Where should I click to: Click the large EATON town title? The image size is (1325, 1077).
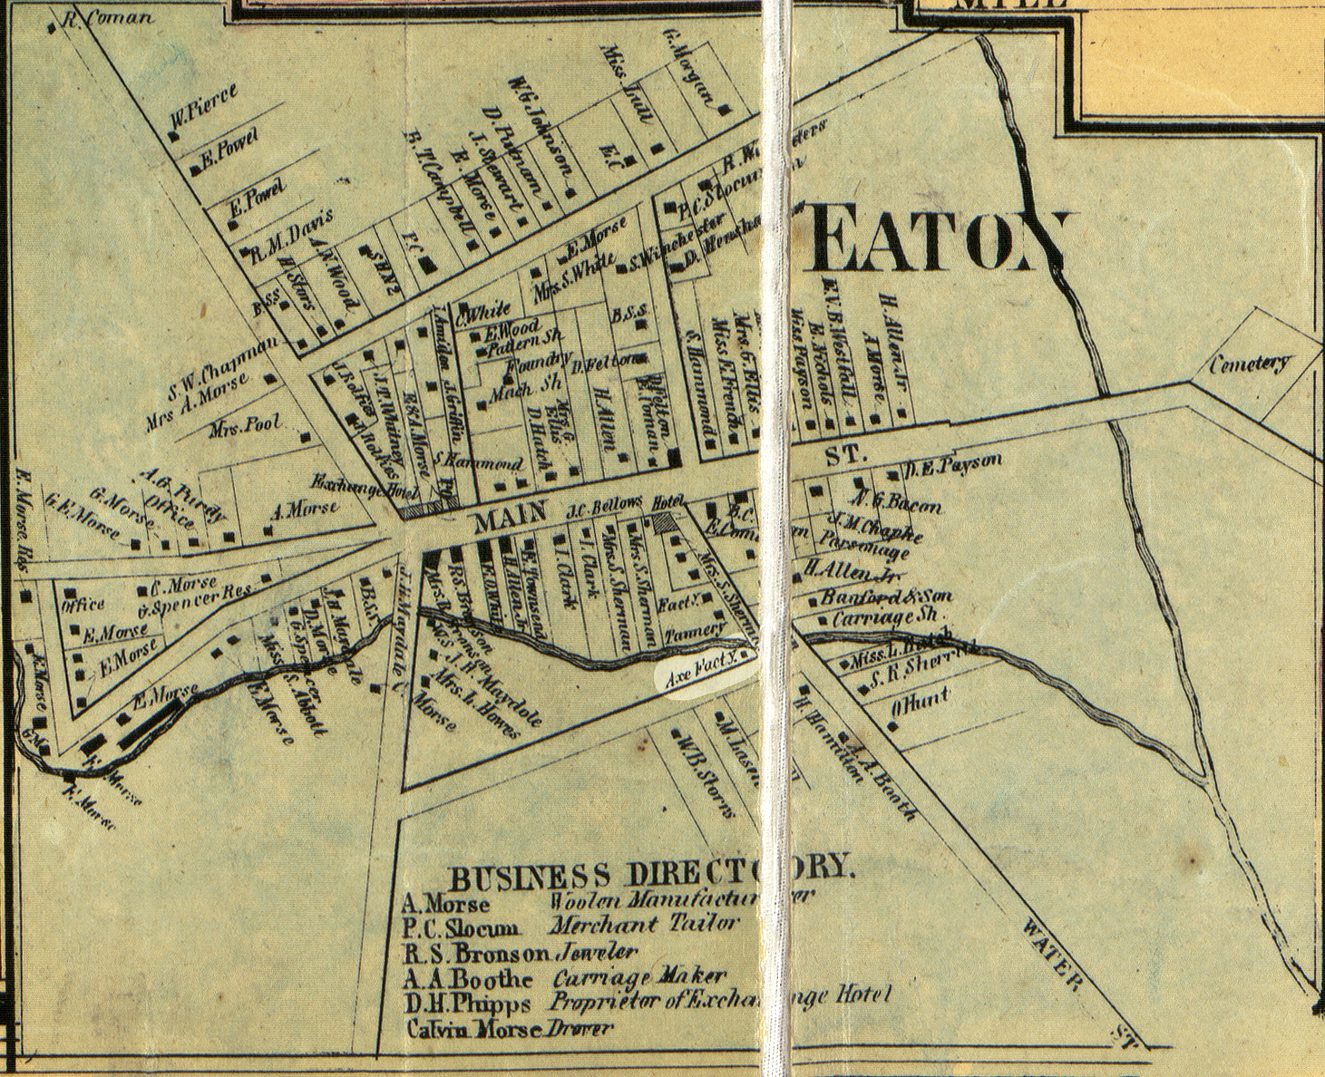(x=939, y=240)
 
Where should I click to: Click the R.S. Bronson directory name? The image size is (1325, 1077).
(x=474, y=953)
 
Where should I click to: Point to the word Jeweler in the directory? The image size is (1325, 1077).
(x=595, y=953)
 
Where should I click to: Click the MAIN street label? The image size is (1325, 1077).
(x=509, y=520)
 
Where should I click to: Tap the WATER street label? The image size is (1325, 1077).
(x=1052, y=954)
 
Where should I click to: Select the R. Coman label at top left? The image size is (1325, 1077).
(x=111, y=19)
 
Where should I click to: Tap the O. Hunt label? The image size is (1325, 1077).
(x=923, y=698)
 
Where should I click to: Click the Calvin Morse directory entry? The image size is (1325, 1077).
(x=473, y=1028)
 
